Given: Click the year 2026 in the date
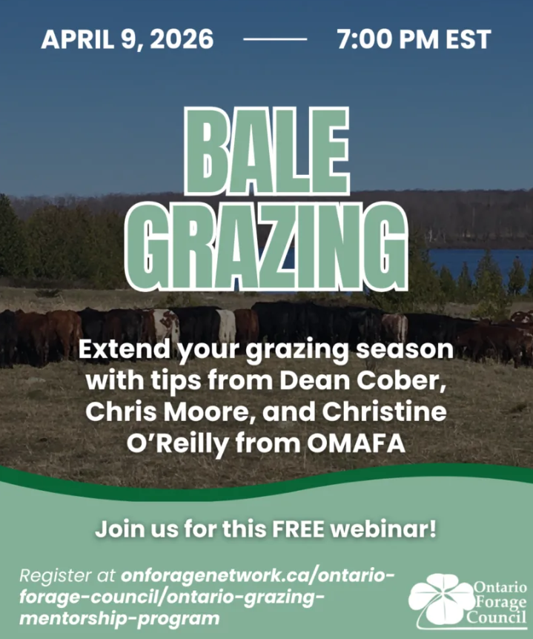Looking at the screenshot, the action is click(x=184, y=39).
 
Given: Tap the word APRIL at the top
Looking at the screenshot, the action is click(x=77, y=39).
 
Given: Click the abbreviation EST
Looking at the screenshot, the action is click(x=468, y=39).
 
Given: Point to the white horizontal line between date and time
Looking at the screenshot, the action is click(x=275, y=39).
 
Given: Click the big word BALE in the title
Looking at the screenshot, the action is click(x=268, y=150).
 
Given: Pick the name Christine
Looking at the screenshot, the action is click(x=384, y=412).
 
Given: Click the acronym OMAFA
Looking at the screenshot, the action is click(x=356, y=444).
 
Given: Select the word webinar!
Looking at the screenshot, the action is click(x=383, y=529).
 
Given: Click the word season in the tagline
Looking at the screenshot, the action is click(x=405, y=350).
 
